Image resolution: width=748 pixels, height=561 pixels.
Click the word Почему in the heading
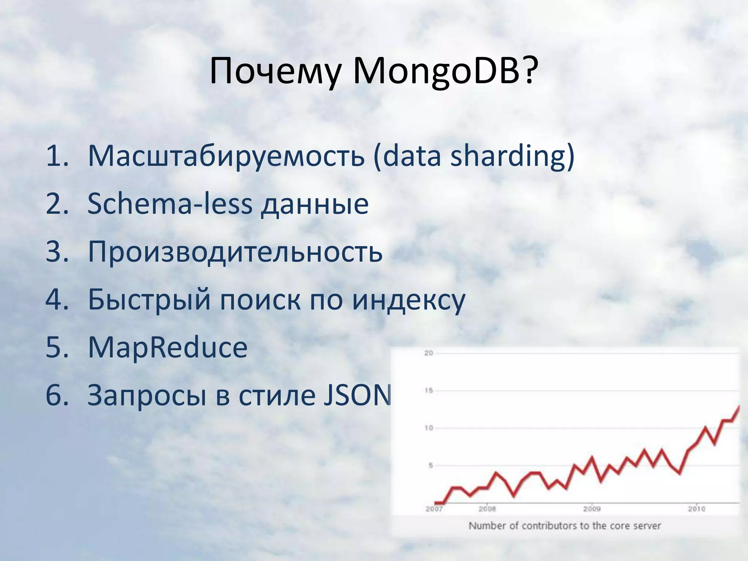tap(276, 71)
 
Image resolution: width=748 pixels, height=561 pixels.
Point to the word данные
tap(314, 205)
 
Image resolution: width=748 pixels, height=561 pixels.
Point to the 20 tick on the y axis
tap(428, 353)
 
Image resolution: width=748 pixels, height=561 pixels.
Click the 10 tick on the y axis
tap(428, 428)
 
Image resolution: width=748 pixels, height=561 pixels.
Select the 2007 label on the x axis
tap(434, 509)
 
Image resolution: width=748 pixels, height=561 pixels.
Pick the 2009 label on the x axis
tap(592, 509)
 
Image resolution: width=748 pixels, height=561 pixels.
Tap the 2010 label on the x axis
tap(696, 509)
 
